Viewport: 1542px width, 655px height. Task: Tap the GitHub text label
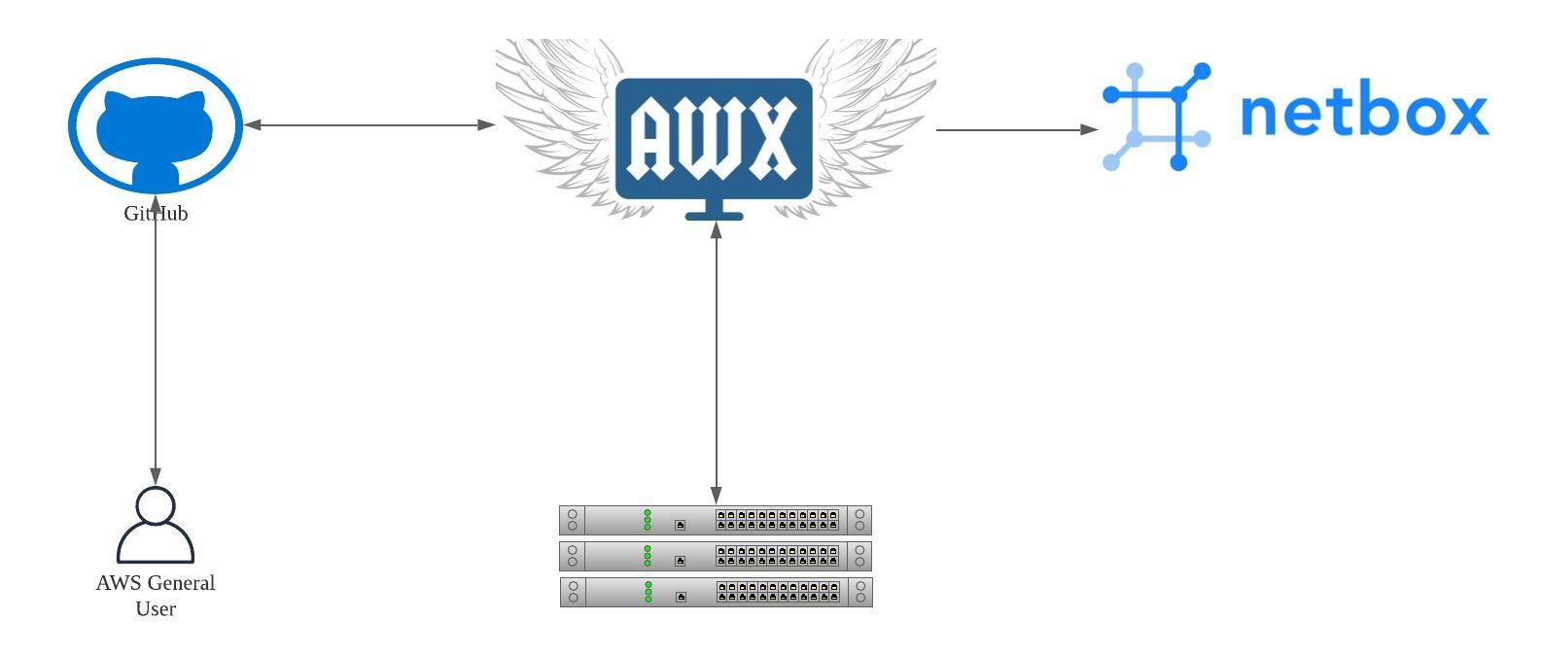click(x=156, y=214)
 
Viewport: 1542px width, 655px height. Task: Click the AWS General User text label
click(x=156, y=596)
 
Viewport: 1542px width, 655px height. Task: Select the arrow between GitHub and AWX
click(x=369, y=124)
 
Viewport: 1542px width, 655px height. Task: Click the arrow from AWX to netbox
click(x=1016, y=129)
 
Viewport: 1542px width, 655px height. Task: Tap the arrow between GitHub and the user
click(x=156, y=350)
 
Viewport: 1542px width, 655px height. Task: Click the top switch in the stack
click(x=716, y=520)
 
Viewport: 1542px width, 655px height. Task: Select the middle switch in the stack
click(x=716, y=556)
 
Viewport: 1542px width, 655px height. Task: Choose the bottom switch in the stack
click(x=716, y=592)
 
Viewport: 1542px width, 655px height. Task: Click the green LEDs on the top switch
click(x=648, y=520)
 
